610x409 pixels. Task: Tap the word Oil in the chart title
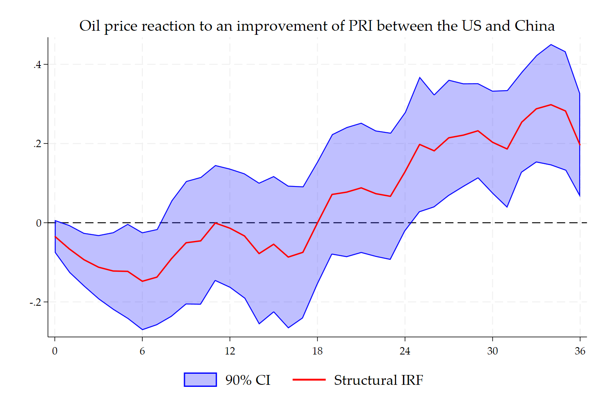pyautogui.click(x=89, y=26)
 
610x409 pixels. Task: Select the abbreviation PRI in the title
pyautogui.click(x=360, y=26)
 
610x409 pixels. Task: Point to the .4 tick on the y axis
pyautogui.click(x=38, y=65)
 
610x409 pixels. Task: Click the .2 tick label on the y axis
pyautogui.click(x=38, y=144)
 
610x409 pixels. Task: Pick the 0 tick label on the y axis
pyautogui.click(x=39, y=223)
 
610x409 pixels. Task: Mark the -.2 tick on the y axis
pyautogui.click(x=36, y=302)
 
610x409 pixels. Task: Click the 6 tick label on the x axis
pyautogui.click(x=142, y=351)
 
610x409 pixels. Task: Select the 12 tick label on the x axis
pyautogui.click(x=230, y=351)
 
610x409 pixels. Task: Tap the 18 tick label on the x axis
pyautogui.click(x=317, y=351)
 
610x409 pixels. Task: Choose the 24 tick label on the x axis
pyautogui.click(x=405, y=351)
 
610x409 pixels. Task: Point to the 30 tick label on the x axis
pyautogui.click(x=492, y=351)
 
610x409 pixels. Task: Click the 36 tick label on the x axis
pyautogui.click(x=580, y=351)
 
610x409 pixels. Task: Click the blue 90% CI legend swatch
pyautogui.click(x=200, y=380)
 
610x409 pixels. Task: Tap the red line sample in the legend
pyautogui.click(x=309, y=380)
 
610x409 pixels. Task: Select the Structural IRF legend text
pyautogui.click(x=378, y=380)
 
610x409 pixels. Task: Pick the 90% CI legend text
pyautogui.click(x=248, y=380)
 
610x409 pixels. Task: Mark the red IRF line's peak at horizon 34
pyautogui.click(x=551, y=105)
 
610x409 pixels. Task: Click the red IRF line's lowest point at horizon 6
pyautogui.click(x=142, y=281)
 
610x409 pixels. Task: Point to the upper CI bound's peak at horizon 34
pyautogui.click(x=551, y=45)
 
